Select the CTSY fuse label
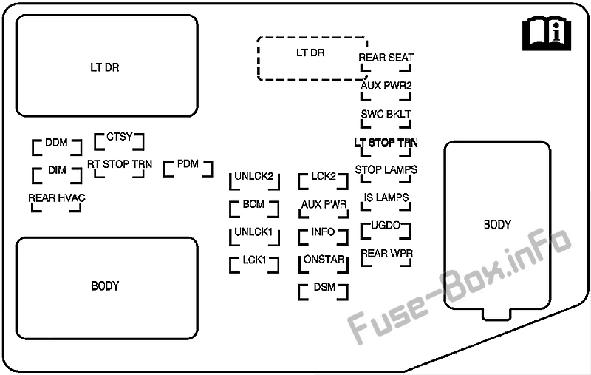pos(120,137)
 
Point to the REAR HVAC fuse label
pos(57,198)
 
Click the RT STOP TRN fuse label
pos(120,164)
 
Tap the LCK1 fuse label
pos(254,260)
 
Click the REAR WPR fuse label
pos(387,254)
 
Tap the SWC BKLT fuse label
pos(386,115)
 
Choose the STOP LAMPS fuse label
pos(386,170)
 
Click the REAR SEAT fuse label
pos(386,58)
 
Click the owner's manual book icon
pos(547,33)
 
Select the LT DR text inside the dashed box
pos(310,53)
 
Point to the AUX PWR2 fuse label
pos(386,86)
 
